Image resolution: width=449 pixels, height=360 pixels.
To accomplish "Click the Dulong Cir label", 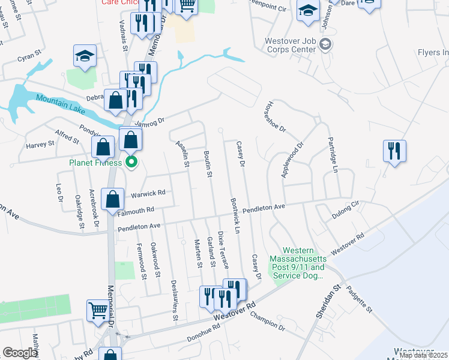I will (x=345, y=212).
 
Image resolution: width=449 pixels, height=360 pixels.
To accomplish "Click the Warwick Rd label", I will (x=148, y=193).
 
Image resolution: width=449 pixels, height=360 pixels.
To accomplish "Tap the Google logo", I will (x=20, y=353).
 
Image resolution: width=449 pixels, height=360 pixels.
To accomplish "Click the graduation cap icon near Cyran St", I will (x=85, y=56).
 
